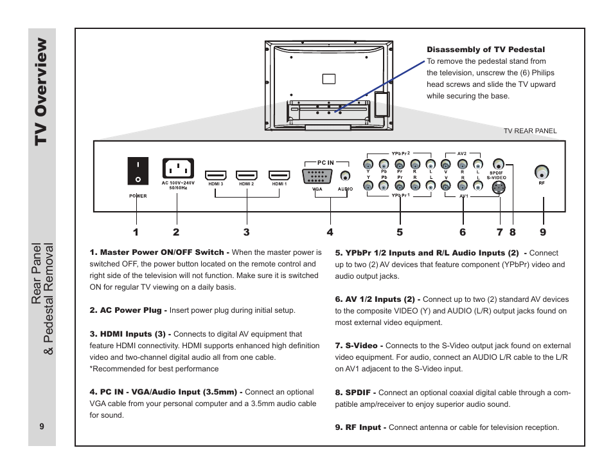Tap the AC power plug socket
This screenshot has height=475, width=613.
[x=177, y=169]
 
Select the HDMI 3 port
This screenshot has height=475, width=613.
[x=215, y=175]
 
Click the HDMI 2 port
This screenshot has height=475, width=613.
[x=246, y=175]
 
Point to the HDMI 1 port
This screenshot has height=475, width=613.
[x=279, y=175]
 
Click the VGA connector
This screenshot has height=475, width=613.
[x=317, y=177]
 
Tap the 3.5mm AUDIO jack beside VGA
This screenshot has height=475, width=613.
[x=346, y=176]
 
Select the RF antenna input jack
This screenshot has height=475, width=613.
[x=542, y=172]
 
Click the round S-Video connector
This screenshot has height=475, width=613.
[x=498, y=188]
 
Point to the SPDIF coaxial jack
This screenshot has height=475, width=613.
[x=498, y=164]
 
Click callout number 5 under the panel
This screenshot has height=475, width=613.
[x=399, y=232]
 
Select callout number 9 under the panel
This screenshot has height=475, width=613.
[x=543, y=232]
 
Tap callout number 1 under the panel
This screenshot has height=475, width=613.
[x=136, y=232]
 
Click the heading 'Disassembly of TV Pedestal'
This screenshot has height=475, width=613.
[x=486, y=50]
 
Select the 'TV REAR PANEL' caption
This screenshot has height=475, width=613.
[x=530, y=131]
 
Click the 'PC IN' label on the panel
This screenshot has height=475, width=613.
[x=326, y=163]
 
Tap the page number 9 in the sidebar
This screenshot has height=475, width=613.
[x=41, y=426]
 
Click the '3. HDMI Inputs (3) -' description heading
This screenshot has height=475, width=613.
[x=130, y=334]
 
